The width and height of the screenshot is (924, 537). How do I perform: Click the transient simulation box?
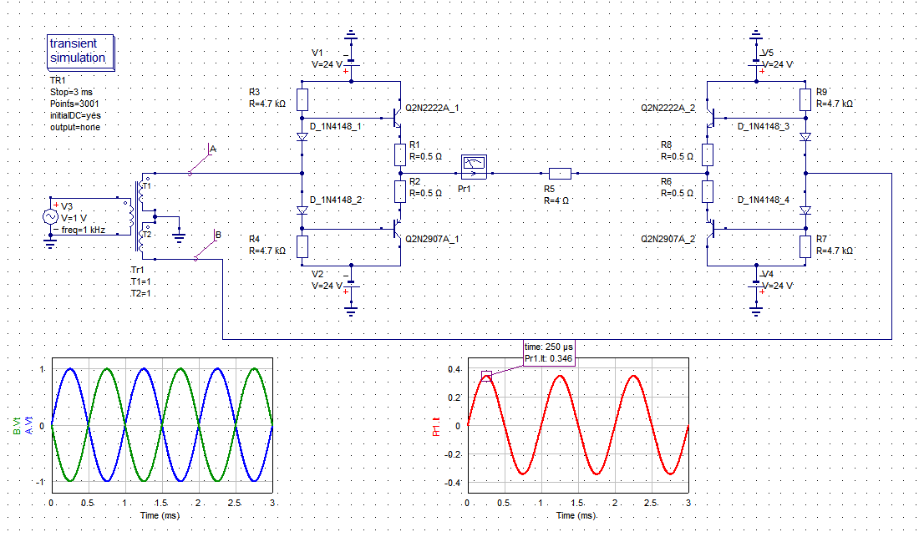tap(81, 51)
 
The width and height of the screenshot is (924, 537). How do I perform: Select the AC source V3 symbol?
tap(50, 216)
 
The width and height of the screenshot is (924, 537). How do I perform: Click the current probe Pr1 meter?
tap(474, 165)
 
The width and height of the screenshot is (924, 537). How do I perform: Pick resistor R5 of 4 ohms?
tap(560, 174)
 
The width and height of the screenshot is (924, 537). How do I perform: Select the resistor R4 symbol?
tap(302, 246)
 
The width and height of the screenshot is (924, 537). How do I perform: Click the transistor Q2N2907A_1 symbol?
tap(398, 233)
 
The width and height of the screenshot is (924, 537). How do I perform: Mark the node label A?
tap(212, 149)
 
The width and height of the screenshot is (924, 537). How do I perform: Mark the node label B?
tap(217, 236)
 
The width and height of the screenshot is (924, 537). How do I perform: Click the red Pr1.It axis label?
tap(435, 426)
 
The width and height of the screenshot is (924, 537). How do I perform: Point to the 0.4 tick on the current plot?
tap(454, 369)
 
